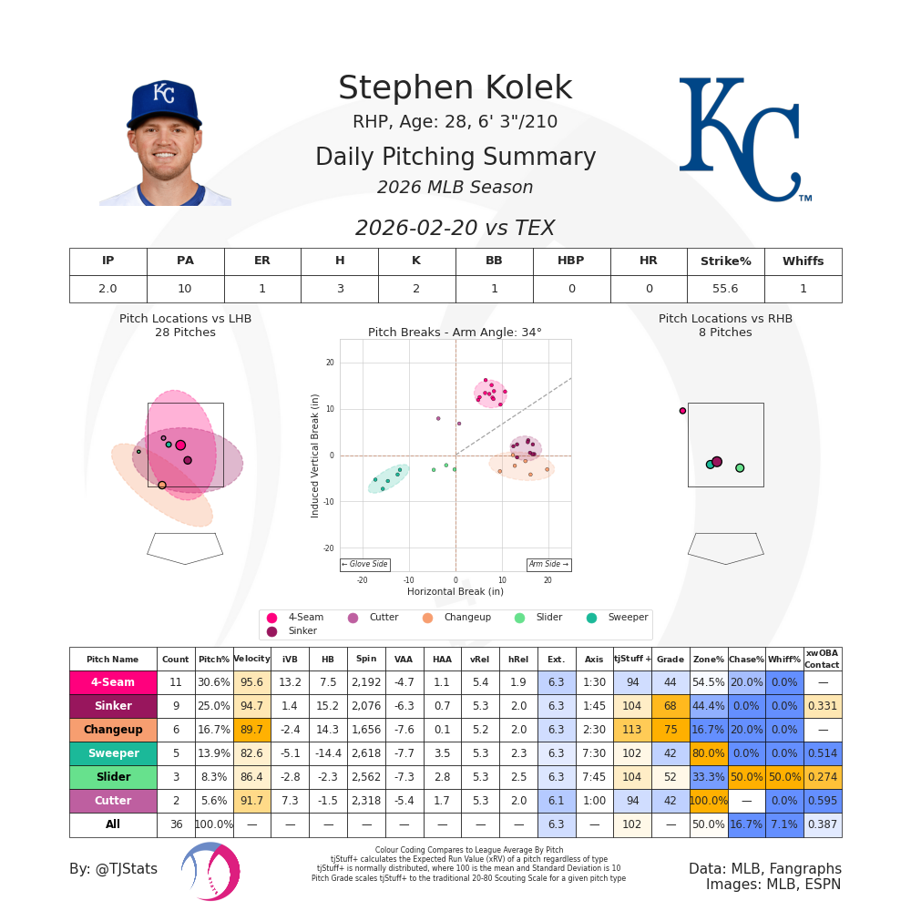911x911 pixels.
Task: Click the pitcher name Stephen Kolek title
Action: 455,88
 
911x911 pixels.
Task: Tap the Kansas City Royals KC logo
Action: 742,138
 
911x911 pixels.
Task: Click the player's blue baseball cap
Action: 164,102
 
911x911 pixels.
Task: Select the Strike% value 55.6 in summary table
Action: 725,289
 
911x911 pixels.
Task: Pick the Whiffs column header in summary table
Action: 803,261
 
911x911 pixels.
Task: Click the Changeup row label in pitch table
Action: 113,730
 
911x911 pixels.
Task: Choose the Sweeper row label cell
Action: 113,753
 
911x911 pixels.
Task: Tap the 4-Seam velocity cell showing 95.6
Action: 251,682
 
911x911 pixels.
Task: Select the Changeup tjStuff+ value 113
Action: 631,730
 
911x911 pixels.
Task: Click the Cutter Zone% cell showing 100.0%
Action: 708,801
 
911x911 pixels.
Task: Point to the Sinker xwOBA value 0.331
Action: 822,706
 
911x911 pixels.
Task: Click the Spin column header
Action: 366,659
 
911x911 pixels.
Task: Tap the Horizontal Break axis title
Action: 455,591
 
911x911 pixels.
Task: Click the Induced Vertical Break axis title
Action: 315,455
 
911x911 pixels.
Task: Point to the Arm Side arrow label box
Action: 548,565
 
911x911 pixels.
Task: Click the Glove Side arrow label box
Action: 364,565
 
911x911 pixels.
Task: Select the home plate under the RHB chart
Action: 725,548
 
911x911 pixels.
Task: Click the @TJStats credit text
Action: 113,869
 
